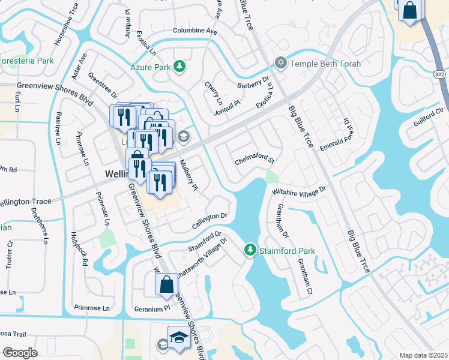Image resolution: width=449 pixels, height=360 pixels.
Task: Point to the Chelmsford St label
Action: click(x=255, y=161)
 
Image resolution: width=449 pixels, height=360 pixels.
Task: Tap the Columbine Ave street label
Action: click(x=194, y=31)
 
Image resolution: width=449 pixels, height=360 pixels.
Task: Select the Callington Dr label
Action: click(x=210, y=220)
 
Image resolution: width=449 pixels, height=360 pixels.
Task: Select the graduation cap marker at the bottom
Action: click(x=178, y=338)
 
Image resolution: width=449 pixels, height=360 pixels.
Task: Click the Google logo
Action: click(x=20, y=353)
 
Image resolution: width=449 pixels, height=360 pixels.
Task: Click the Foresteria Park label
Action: click(x=26, y=61)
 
